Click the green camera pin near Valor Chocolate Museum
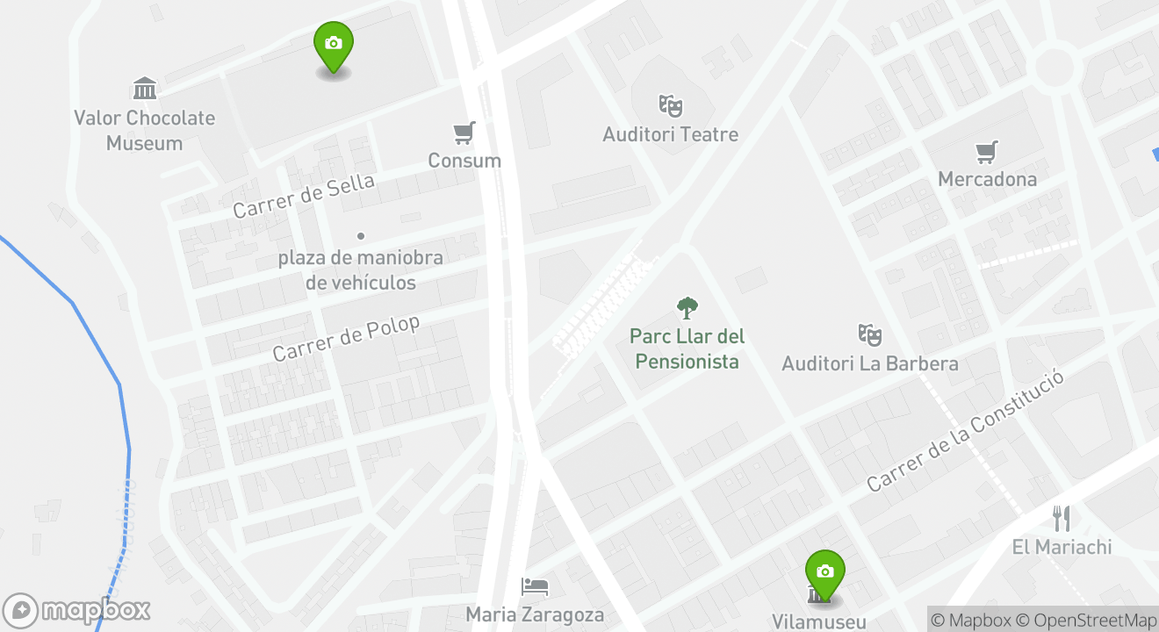pyautogui.click(x=334, y=45)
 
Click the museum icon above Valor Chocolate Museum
pyautogui.click(x=145, y=89)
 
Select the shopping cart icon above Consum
pyautogui.click(x=464, y=133)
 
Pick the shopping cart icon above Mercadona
pyautogui.click(x=987, y=152)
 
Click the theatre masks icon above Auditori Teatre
pyautogui.click(x=671, y=106)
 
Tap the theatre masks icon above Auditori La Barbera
pyautogui.click(x=869, y=334)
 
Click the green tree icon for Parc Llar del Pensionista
pyautogui.click(x=687, y=307)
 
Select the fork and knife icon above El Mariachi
pyautogui.click(x=1062, y=518)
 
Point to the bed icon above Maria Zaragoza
pyautogui.click(x=535, y=585)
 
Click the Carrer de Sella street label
pyautogui.click(x=304, y=196)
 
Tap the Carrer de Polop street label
pyautogui.click(x=346, y=338)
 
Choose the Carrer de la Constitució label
pyautogui.click(x=966, y=430)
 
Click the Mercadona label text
pyautogui.click(x=987, y=179)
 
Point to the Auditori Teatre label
pyautogui.click(x=670, y=134)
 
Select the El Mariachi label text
pyautogui.click(x=1062, y=547)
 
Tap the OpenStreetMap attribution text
pyautogui.click(x=1086, y=620)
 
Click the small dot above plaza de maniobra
pyautogui.click(x=360, y=236)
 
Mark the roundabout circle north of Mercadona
pyautogui.click(x=1055, y=67)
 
